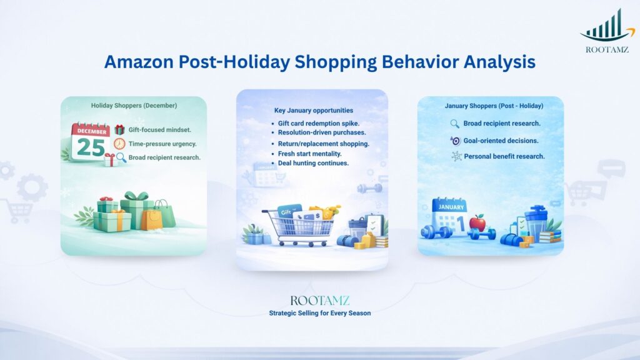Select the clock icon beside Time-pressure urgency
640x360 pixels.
pyautogui.click(x=119, y=144)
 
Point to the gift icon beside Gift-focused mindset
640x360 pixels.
pyautogui.click(x=119, y=130)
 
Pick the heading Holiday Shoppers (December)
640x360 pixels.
pyautogui.click(x=134, y=105)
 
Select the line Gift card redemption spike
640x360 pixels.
pyautogui.click(x=318, y=123)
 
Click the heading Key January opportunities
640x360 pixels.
pyautogui.click(x=313, y=111)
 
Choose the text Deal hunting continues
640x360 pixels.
pyautogui.click(x=314, y=163)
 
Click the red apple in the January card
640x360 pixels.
pyautogui.click(x=477, y=222)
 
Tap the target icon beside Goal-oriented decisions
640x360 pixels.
pyautogui.click(x=455, y=141)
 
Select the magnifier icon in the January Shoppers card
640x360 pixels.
pyautogui.click(x=454, y=124)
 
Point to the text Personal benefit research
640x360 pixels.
pyautogui.click(x=504, y=156)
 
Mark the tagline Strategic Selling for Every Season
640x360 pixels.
pyautogui.click(x=319, y=312)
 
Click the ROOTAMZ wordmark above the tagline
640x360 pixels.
pyautogui.click(x=319, y=300)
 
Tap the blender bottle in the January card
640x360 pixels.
pyautogui.click(x=535, y=222)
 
